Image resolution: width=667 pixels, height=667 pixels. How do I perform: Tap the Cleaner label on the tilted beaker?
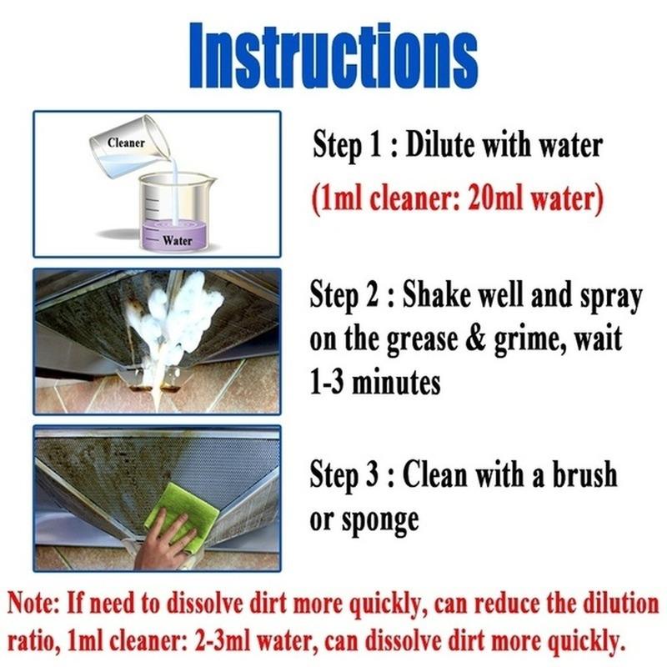click(x=126, y=143)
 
